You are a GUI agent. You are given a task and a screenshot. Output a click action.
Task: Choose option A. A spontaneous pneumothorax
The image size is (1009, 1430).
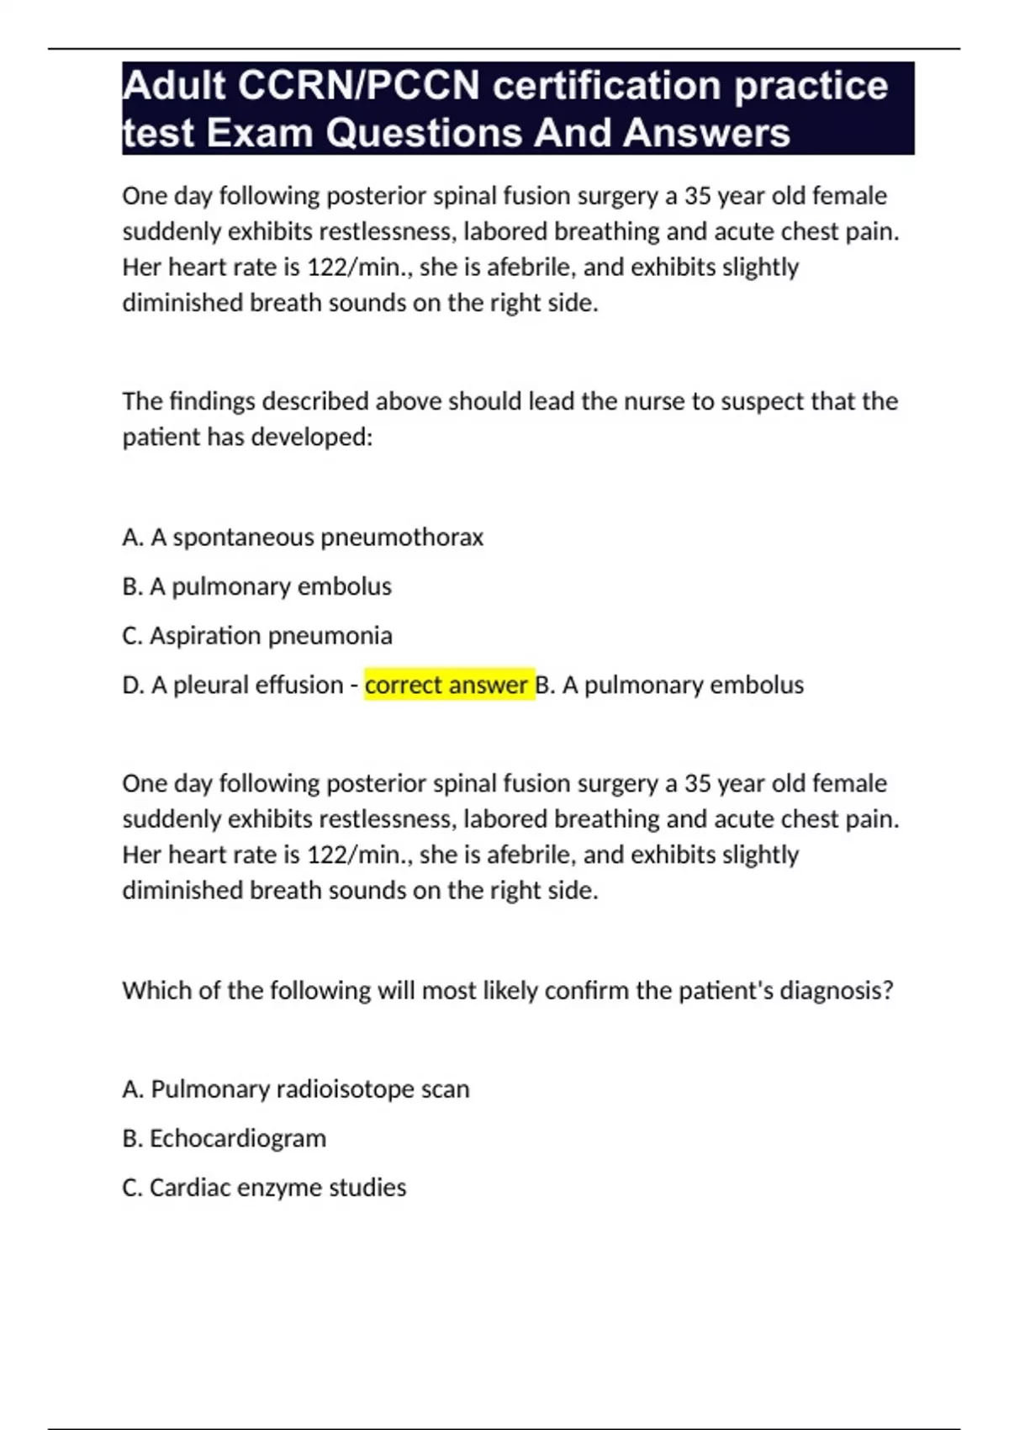point(303,538)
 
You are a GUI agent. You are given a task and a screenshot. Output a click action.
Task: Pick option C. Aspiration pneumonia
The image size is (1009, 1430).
point(257,636)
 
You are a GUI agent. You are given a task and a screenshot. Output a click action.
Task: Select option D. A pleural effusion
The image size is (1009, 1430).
point(233,685)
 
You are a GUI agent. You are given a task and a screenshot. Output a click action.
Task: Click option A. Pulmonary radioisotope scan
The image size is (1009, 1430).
point(296,1089)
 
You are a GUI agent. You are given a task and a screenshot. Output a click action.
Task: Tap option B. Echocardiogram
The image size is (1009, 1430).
point(225,1138)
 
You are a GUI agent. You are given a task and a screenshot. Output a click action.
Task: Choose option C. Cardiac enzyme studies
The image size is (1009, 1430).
point(264,1188)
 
